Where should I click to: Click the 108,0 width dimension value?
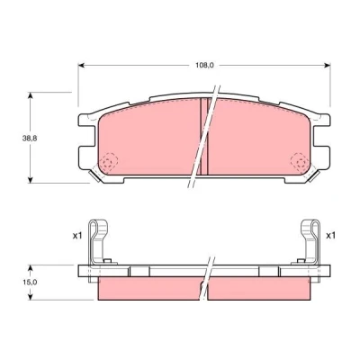click(204, 65)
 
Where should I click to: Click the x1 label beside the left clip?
click(77, 236)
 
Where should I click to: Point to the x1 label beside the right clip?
click(330, 236)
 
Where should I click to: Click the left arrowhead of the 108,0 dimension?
click(81, 65)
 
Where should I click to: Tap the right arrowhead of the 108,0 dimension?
click(328, 65)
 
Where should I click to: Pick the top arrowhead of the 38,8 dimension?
click(30, 95)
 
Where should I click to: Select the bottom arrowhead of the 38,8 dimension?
click(30, 179)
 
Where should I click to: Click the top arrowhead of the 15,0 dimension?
click(30, 268)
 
